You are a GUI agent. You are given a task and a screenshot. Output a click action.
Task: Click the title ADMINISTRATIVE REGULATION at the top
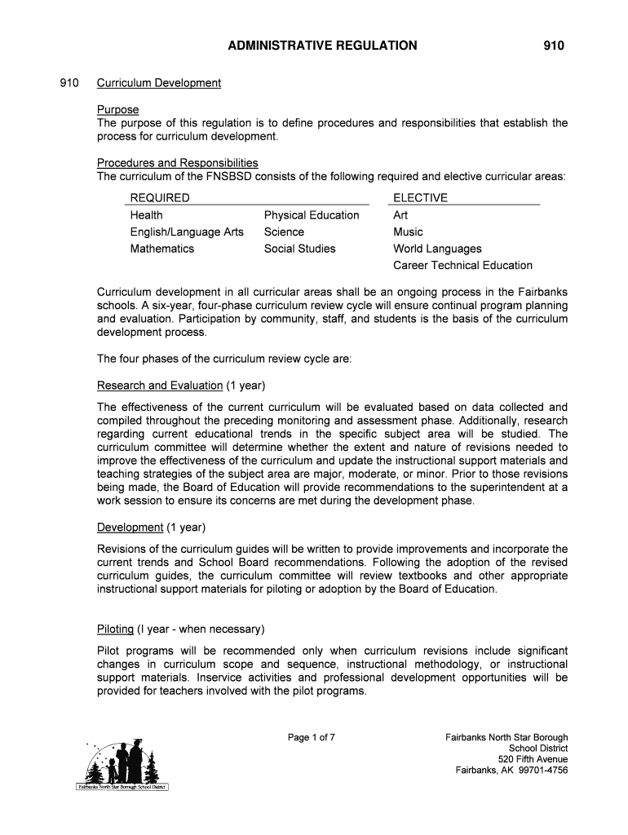tap(323, 46)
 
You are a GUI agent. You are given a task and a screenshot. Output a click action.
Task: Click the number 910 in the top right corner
tap(554, 46)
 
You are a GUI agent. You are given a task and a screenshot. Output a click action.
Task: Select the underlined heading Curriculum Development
tap(159, 83)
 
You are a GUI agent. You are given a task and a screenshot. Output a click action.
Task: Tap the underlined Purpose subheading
tap(118, 109)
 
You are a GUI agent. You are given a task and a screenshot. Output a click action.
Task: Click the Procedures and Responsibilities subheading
tap(177, 163)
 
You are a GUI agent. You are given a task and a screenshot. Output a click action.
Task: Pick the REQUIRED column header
tap(160, 198)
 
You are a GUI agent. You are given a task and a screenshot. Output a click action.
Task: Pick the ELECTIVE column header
tap(420, 198)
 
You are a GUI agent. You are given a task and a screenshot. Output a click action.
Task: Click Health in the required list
tap(146, 215)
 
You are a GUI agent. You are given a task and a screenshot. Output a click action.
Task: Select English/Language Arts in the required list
tap(187, 232)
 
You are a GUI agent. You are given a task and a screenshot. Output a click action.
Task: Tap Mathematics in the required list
tap(162, 249)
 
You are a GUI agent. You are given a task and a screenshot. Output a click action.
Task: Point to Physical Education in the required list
tap(311, 215)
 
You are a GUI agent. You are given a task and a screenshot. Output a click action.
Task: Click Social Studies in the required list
tap(299, 249)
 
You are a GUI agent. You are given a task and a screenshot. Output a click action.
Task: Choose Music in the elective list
tap(408, 232)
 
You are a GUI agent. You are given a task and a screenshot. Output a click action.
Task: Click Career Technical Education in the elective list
tap(462, 266)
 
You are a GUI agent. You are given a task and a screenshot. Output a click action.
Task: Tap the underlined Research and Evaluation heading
tap(160, 385)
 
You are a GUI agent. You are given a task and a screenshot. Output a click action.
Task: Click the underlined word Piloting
tap(116, 630)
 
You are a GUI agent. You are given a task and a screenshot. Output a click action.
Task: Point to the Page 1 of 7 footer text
tap(312, 738)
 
